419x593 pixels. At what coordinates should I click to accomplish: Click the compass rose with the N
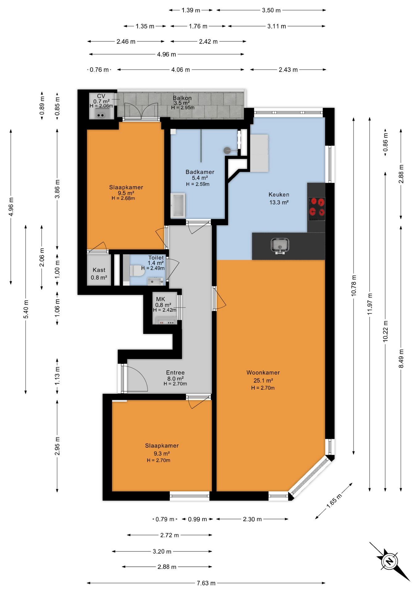[390, 561]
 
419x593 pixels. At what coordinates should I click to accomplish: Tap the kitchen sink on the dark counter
[280, 246]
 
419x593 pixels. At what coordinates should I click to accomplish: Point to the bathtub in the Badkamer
[178, 205]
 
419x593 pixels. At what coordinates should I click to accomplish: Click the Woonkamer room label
[263, 372]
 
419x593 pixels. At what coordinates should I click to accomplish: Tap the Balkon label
[182, 98]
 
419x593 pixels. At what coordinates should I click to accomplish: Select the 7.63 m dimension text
[206, 583]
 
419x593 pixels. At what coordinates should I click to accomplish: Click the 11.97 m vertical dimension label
[370, 304]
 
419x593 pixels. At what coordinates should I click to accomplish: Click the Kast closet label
[99, 270]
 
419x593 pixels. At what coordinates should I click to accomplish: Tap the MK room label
[160, 299]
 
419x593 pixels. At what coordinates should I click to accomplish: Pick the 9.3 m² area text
[162, 453]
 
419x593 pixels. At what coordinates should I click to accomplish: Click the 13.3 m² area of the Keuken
[279, 202]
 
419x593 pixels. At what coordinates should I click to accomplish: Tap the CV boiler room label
[101, 96]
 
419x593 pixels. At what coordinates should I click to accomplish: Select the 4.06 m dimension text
[180, 70]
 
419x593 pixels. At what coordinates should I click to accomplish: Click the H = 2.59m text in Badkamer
[197, 184]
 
